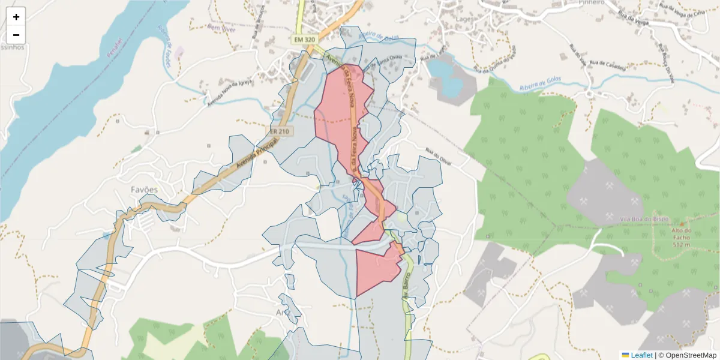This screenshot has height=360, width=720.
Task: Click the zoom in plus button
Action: click(x=16, y=17)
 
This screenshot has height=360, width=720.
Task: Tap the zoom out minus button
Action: click(x=16, y=35)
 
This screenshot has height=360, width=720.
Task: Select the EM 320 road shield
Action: click(x=304, y=40)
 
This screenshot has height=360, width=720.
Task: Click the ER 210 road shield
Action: click(x=278, y=131)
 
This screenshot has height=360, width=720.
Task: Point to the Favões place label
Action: click(x=144, y=190)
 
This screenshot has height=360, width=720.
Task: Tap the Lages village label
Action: click(x=465, y=19)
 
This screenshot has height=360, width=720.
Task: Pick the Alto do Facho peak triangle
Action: click(x=680, y=223)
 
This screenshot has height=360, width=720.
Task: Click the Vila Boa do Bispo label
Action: click(x=623, y=219)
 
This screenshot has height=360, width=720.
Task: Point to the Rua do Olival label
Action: click(x=437, y=157)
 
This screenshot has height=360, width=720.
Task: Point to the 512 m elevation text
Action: click(x=680, y=245)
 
